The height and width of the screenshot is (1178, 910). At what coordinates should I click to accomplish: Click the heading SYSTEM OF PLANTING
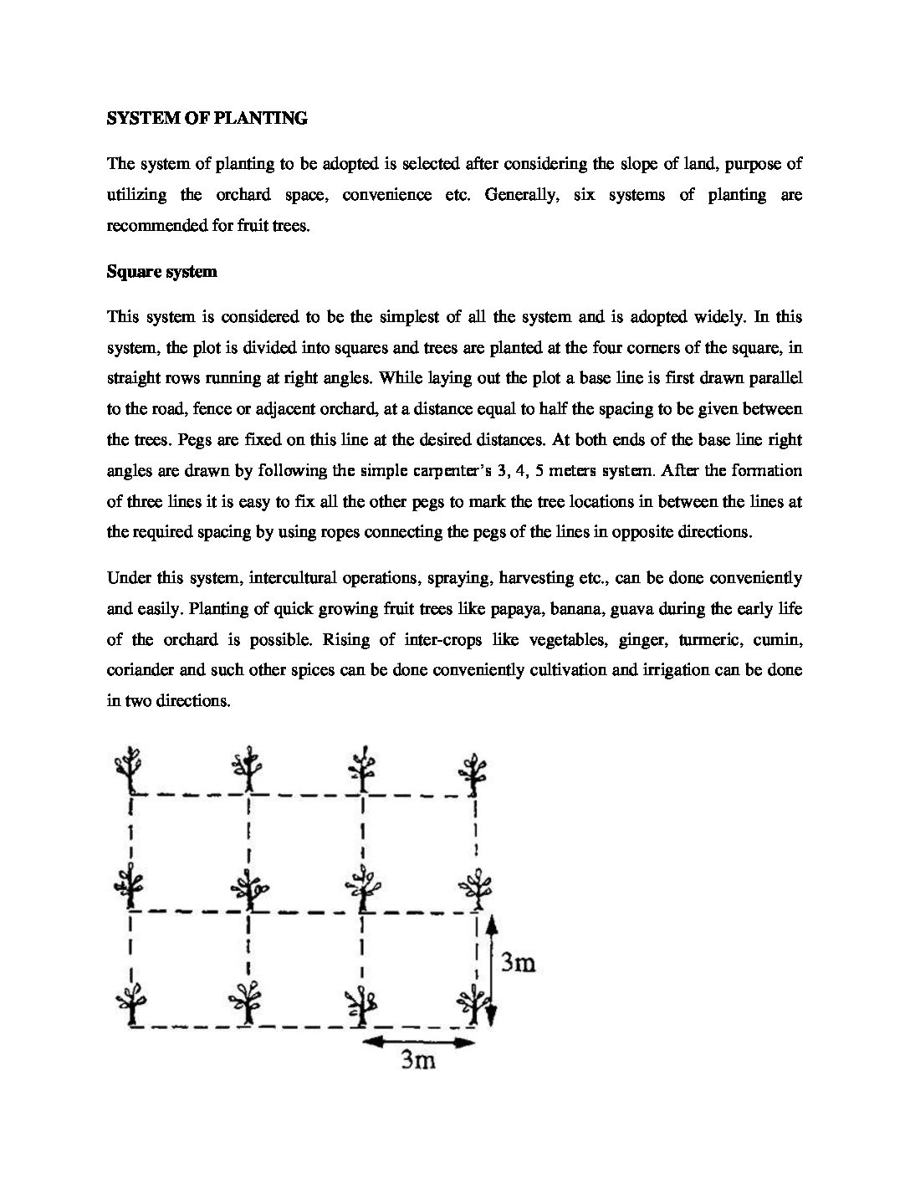(x=207, y=119)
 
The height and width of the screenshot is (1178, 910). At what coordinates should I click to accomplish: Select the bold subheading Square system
(x=161, y=272)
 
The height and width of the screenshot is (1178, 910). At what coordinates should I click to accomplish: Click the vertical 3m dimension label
(x=518, y=964)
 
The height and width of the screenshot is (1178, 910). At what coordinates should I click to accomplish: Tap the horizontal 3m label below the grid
(x=418, y=1062)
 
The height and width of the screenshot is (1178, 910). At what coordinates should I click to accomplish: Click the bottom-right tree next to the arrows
(x=474, y=1002)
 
